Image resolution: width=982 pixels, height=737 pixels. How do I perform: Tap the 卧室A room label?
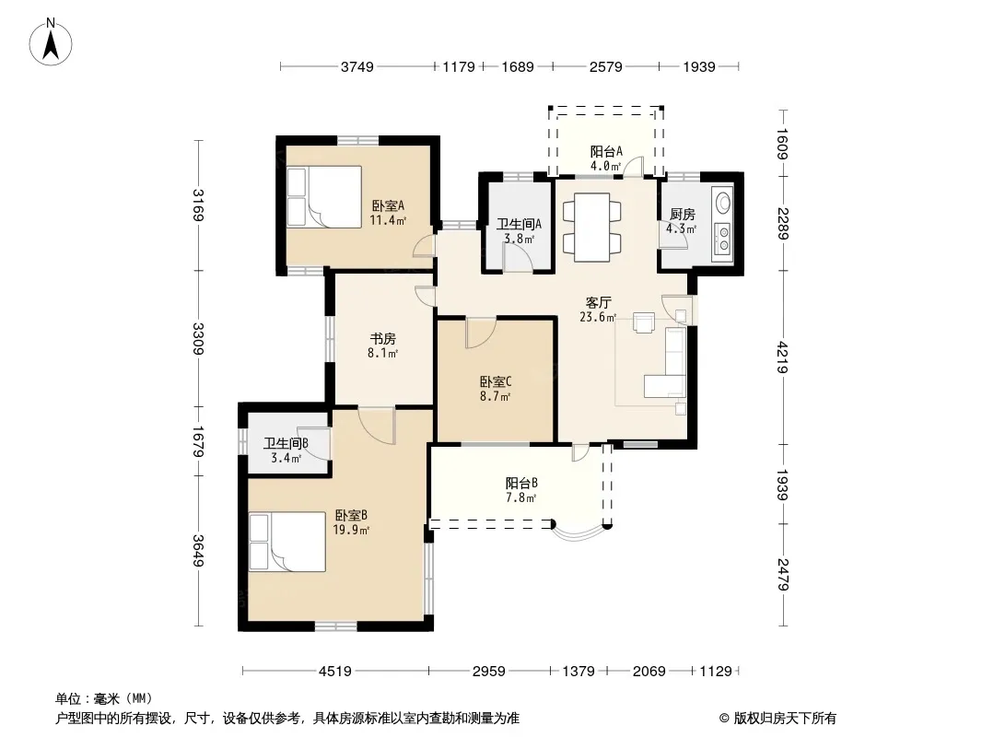388,205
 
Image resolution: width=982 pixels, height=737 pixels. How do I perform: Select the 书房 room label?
382,339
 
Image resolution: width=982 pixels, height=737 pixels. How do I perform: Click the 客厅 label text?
598,302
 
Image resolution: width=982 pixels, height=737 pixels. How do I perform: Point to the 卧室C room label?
496,381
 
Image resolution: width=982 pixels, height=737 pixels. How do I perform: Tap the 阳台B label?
521,483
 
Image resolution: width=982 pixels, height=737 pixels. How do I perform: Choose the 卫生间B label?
286,443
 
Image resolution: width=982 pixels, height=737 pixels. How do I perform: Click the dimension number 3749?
357,66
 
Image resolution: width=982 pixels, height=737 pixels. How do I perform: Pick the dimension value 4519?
335,672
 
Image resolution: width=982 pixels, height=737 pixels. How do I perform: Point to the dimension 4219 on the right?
782,357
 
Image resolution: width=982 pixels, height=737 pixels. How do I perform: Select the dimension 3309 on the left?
198,338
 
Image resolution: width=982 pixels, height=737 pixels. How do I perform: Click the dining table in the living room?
591,228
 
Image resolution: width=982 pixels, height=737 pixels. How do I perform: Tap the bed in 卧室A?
324,196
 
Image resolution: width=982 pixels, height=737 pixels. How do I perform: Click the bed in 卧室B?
286,542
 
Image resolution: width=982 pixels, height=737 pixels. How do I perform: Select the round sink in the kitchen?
723,202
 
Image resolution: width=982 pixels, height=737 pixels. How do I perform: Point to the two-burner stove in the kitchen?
723,239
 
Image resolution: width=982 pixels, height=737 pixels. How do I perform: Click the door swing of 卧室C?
480,333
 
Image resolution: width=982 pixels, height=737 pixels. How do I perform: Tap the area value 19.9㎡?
351,531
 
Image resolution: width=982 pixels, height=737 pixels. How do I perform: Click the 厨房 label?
682,214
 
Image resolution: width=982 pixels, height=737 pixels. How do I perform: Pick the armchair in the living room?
644,322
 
